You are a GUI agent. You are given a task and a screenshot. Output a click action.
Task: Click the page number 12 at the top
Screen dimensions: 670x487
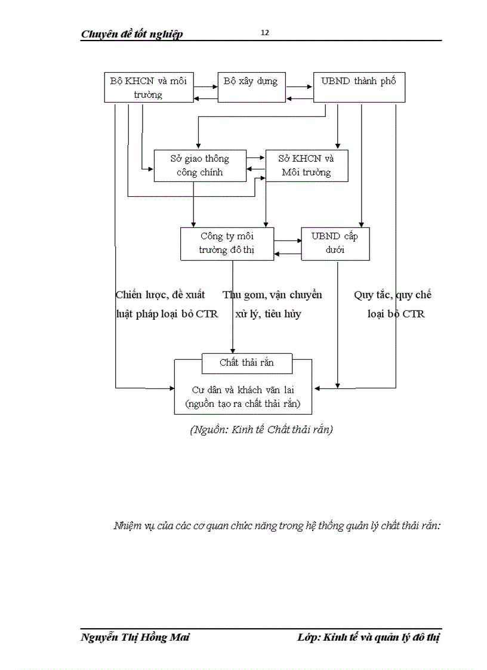pyautogui.click(x=265, y=33)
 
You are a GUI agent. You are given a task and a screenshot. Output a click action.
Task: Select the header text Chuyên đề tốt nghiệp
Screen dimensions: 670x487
pyautogui.click(x=132, y=34)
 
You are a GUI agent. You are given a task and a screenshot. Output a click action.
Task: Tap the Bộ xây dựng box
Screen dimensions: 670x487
pyautogui.click(x=251, y=87)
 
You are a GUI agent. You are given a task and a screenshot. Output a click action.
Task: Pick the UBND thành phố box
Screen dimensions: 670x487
pyautogui.click(x=359, y=87)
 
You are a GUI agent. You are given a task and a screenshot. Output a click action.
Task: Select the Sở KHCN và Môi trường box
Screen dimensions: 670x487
pyautogui.click(x=306, y=165)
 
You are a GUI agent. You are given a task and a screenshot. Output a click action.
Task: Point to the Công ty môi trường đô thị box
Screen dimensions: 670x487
pyautogui.click(x=227, y=243)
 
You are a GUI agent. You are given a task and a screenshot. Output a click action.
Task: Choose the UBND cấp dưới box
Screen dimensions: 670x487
pyautogui.click(x=335, y=243)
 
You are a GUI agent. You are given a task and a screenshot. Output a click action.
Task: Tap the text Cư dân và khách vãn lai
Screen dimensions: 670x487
pyautogui.click(x=243, y=390)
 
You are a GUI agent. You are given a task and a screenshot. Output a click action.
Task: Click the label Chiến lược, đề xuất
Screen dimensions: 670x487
pyautogui.click(x=161, y=295)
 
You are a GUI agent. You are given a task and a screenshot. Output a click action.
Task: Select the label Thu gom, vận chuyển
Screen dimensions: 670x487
pyautogui.click(x=273, y=295)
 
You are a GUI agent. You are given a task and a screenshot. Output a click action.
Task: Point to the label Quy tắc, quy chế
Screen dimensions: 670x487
pyautogui.click(x=393, y=295)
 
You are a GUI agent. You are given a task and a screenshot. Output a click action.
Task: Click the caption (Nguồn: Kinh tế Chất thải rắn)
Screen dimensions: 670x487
pyautogui.click(x=261, y=430)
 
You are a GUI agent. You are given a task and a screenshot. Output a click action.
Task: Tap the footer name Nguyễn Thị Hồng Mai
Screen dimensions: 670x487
pyautogui.click(x=135, y=638)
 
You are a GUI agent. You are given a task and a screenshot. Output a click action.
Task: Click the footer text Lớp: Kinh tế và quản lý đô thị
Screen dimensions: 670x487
pyautogui.click(x=368, y=638)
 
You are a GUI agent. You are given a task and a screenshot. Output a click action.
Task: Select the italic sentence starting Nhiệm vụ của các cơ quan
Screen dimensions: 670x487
pyautogui.click(x=277, y=526)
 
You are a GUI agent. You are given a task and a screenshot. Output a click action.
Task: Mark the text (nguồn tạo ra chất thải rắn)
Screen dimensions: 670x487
pyautogui.click(x=243, y=404)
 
